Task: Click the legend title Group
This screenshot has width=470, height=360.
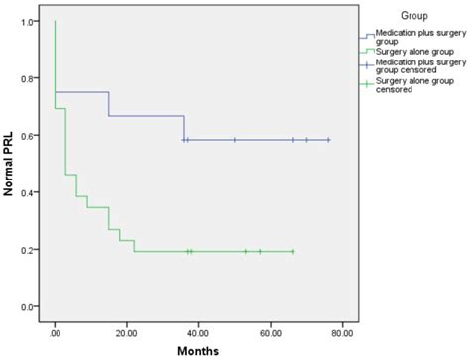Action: click(414, 16)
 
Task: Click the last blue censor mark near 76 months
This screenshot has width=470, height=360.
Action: click(328, 140)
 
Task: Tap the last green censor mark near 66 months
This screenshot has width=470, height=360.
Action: click(293, 251)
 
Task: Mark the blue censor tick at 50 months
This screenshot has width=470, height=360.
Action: click(235, 140)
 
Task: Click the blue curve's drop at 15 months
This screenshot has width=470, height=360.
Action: click(108, 104)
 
